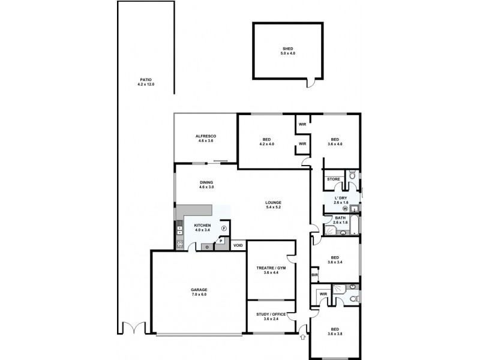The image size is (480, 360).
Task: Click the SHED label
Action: coord(289,49)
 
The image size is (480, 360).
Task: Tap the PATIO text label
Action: coord(146,79)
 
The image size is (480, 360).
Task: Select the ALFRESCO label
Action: coord(205,136)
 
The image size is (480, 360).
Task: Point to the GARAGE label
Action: coord(199,290)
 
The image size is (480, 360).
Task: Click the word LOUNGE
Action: coord(274,202)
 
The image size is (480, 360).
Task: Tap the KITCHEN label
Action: coord(202,225)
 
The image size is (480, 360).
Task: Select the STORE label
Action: coord(334,179)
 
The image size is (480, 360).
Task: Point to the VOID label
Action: coord(238,245)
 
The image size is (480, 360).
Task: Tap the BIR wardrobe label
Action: coord(314,275)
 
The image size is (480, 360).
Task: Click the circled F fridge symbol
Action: coord(224,229)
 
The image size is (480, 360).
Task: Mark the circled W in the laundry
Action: coord(345,209)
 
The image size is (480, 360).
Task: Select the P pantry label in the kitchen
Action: coord(221,241)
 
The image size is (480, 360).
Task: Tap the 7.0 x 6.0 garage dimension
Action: coord(199,295)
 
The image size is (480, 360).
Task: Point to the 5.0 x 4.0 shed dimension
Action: coord(289,53)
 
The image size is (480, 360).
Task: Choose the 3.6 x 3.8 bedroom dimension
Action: coord(335,334)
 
